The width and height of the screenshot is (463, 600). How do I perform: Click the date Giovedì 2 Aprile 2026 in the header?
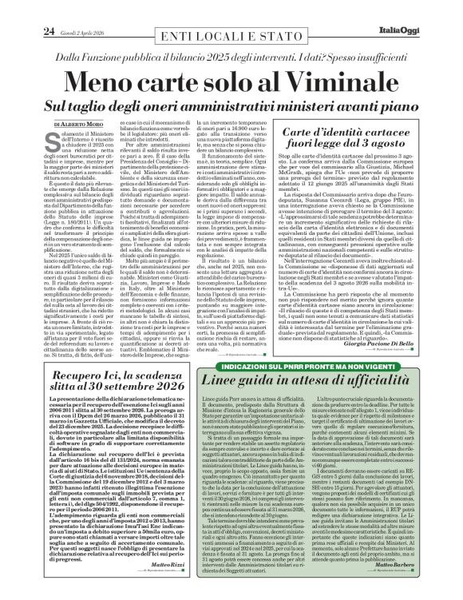63,10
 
